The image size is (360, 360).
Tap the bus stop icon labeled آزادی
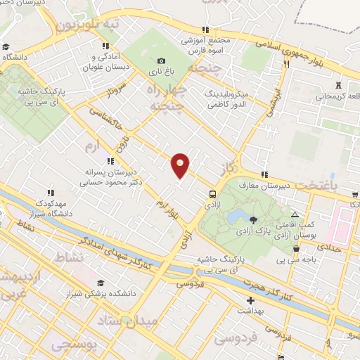pos(212,195)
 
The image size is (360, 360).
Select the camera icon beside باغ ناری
pos(161,61)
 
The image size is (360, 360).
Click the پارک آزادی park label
pos(262,230)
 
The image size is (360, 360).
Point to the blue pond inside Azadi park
pos(237,214)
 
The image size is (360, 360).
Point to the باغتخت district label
pos(335,185)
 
